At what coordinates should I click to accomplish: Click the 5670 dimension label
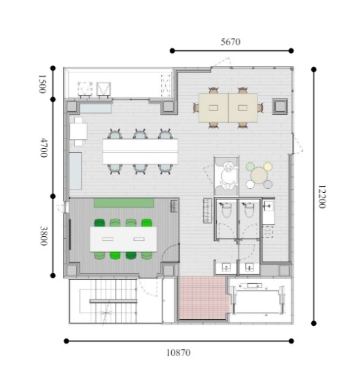(x=230, y=42)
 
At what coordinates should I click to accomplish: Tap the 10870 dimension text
(x=178, y=353)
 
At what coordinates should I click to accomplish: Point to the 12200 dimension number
(x=322, y=197)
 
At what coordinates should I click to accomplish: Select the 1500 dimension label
(x=42, y=84)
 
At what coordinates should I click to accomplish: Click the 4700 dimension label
(x=43, y=147)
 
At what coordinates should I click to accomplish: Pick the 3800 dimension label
(x=43, y=236)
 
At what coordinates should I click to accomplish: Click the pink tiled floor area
(x=203, y=297)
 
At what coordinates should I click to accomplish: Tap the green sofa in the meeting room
(x=124, y=203)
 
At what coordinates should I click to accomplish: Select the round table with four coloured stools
(x=259, y=175)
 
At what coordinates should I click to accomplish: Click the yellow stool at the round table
(x=268, y=166)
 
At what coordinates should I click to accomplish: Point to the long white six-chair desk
(x=140, y=151)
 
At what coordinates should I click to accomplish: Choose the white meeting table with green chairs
(x=123, y=239)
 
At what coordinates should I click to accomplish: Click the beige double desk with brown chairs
(x=228, y=107)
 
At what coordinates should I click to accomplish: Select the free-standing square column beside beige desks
(x=280, y=107)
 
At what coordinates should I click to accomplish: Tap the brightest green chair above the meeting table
(x=147, y=223)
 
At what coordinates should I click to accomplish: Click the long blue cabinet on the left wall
(x=75, y=171)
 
